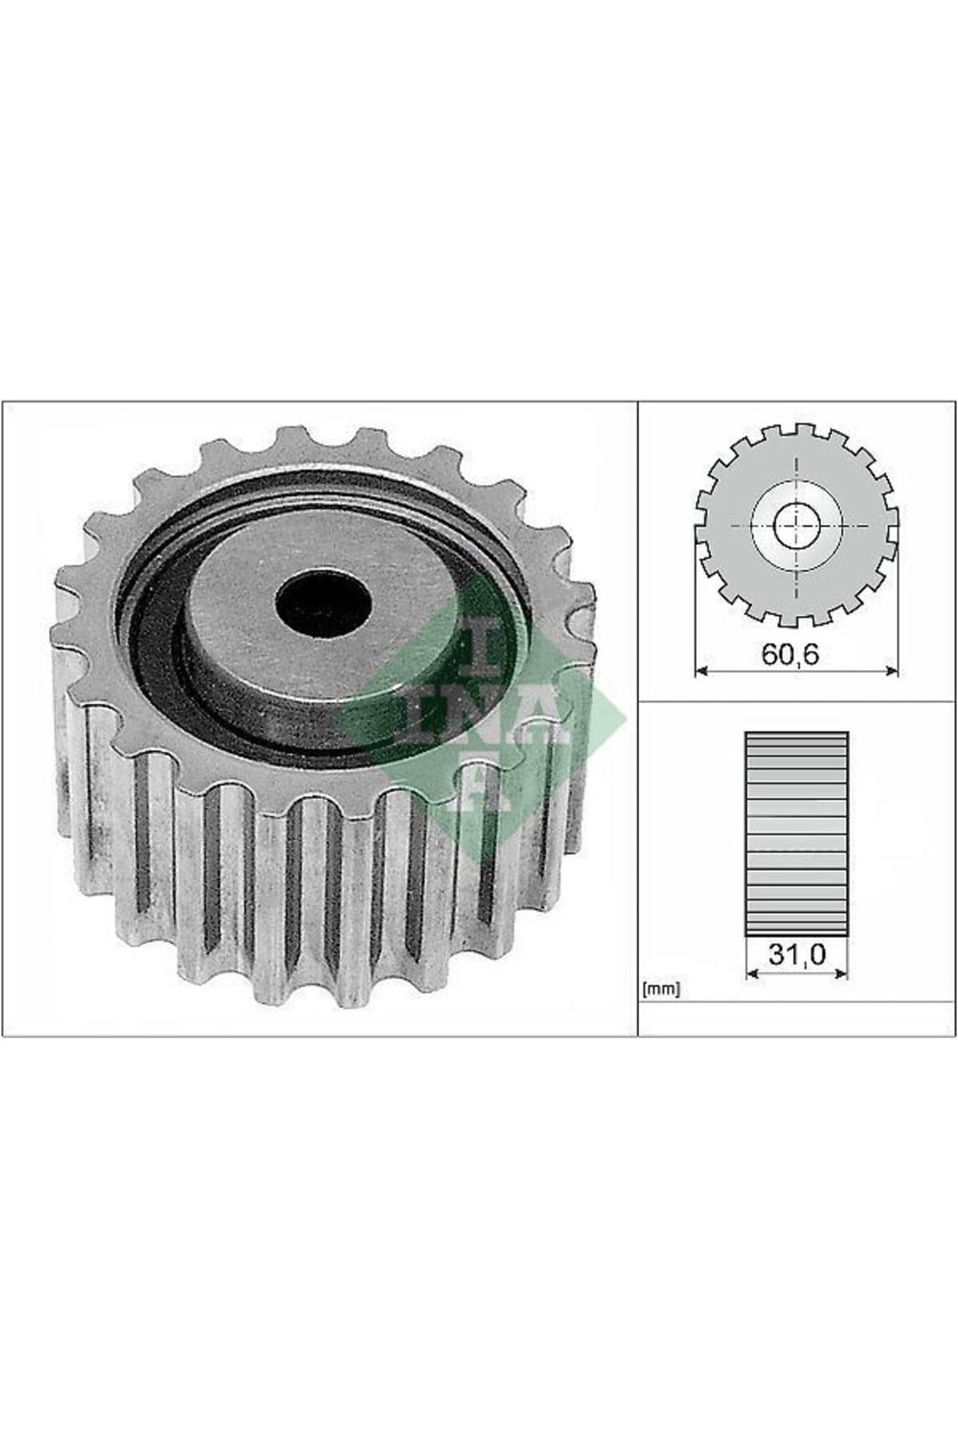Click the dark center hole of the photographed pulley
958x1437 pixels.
pyautogui.click(x=324, y=601)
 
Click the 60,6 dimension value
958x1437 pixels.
pyautogui.click(x=791, y=654)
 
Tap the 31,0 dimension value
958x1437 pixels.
pyautogui.click(x=797, y=954)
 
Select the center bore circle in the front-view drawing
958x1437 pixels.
pyautogui.click(x=796, y=525)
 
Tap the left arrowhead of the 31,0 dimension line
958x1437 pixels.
pyautogui.click(x=752, y=974)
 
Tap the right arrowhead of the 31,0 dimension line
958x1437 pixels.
pyautogui.click(x=841, y=974)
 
